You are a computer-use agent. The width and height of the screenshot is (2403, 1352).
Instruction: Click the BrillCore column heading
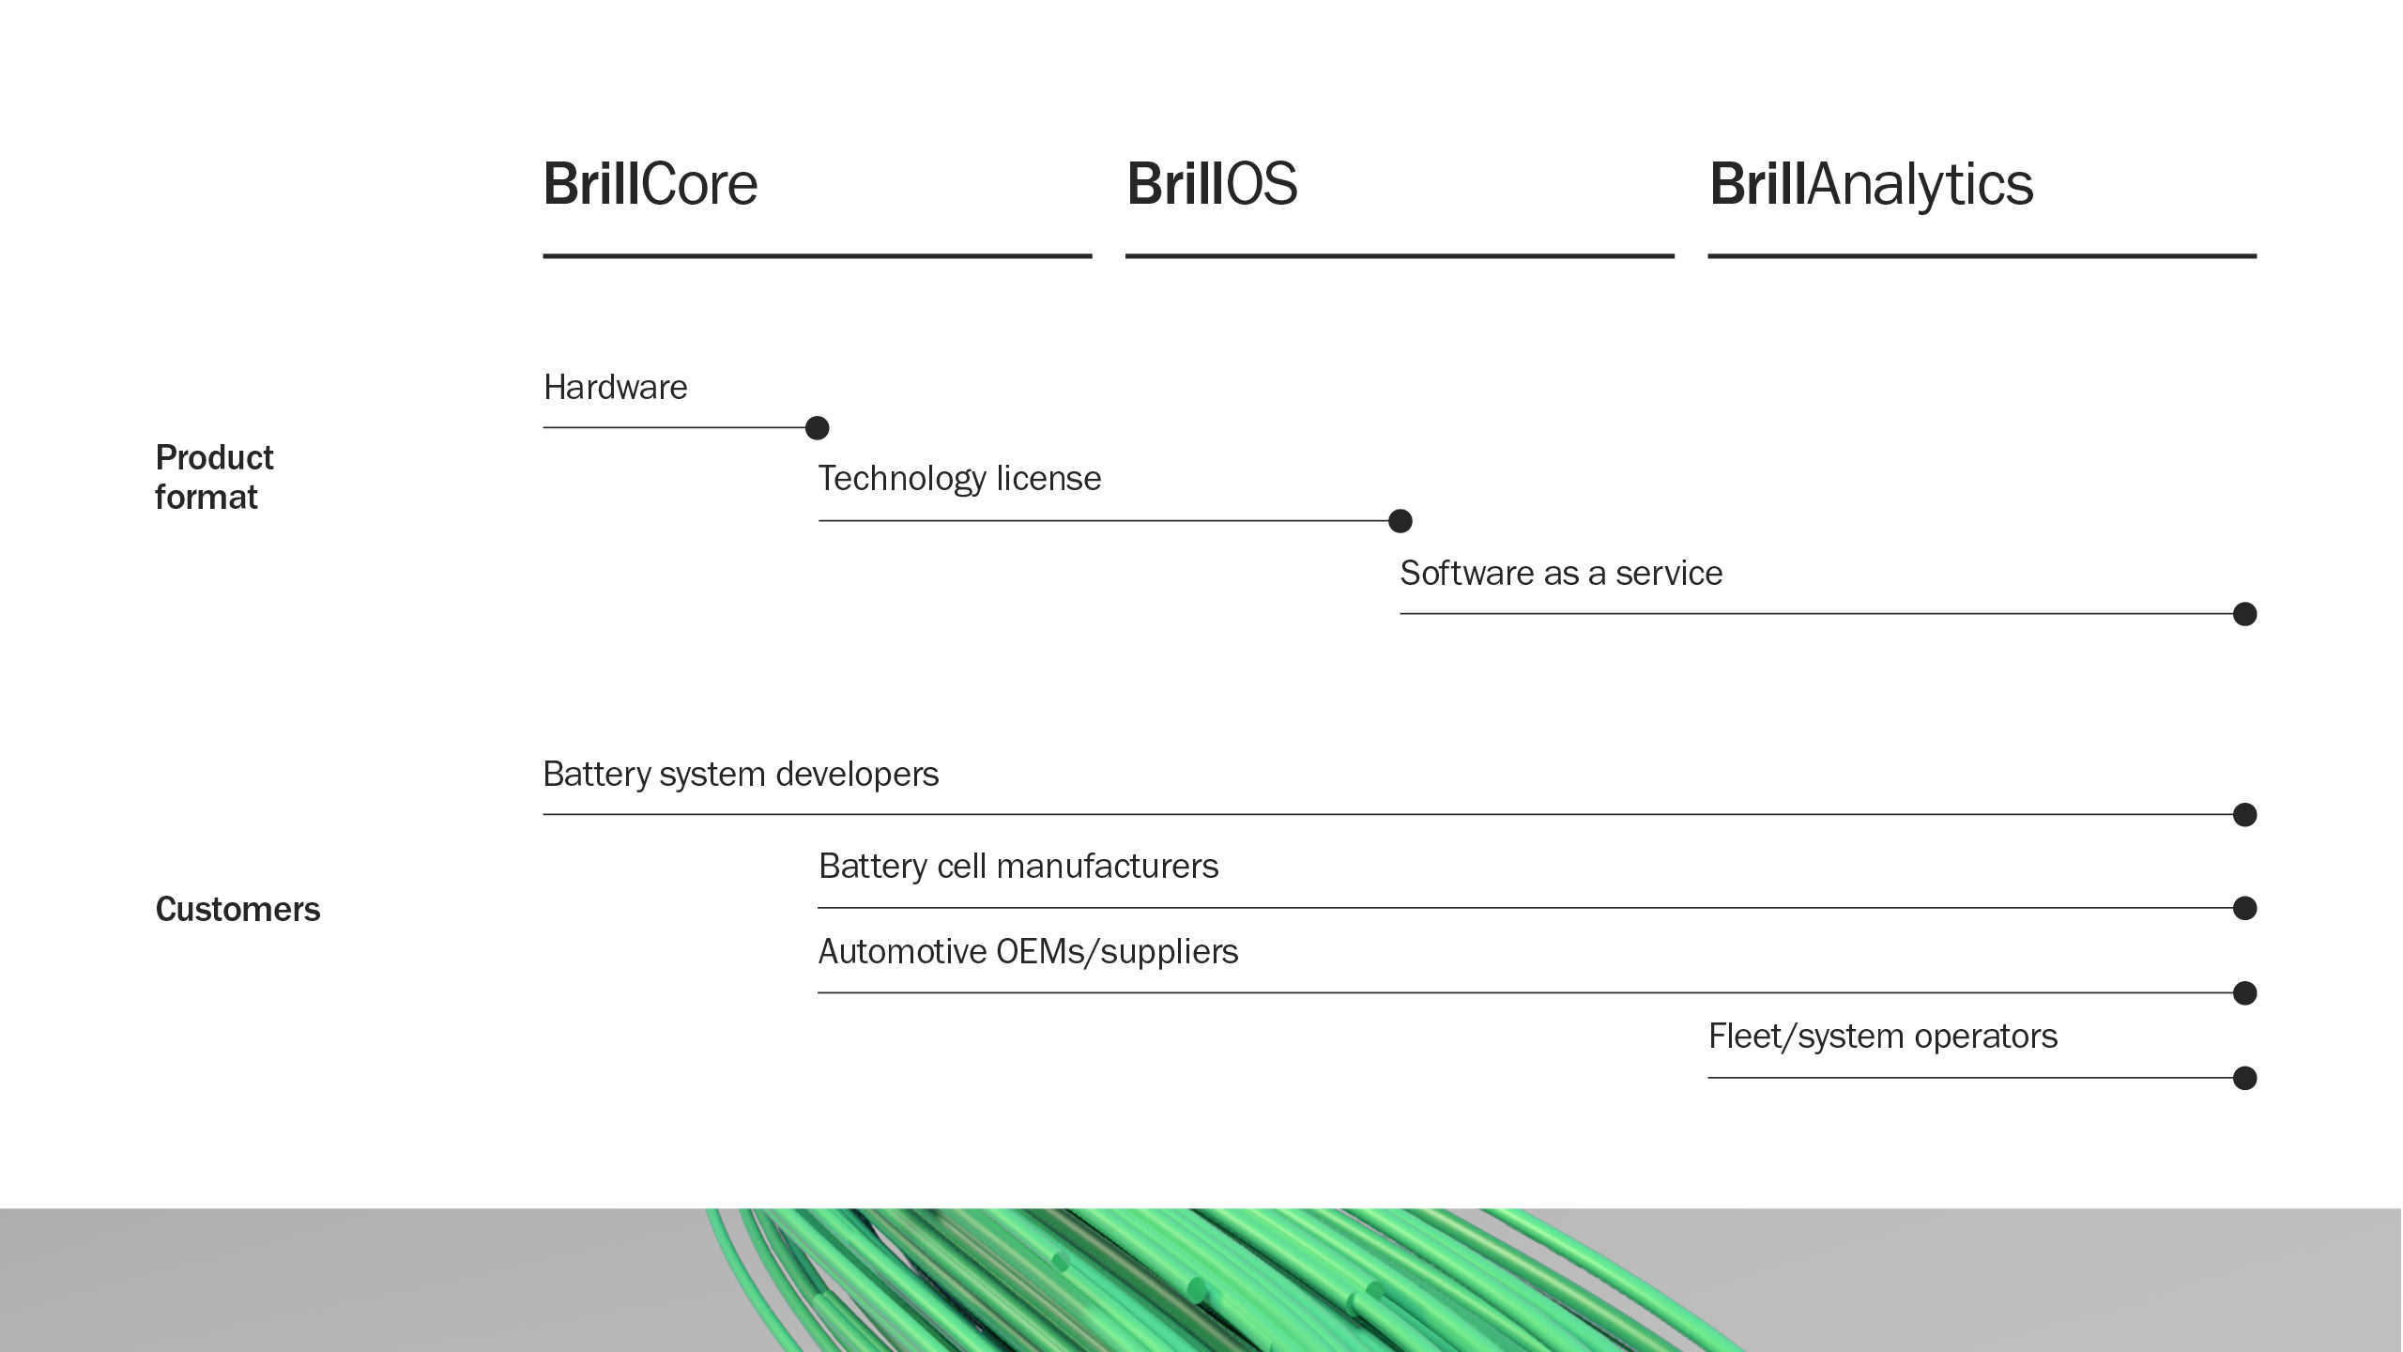[x=650, y=184]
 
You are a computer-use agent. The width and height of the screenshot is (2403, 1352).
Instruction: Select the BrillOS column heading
[x=1212, y=184]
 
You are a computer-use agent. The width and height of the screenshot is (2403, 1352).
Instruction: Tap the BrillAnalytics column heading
[x=1871, y=184]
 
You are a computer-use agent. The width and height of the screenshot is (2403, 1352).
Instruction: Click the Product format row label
[x=214, y=477]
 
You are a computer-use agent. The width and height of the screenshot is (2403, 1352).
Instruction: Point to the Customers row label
[x=237, y=909]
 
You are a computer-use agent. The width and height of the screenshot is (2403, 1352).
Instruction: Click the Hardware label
[x=615, y=387]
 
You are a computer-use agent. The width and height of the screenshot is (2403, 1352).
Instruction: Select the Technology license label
[x=959, y=478]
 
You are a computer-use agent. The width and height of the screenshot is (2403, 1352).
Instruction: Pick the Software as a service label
[x=1561, y=573]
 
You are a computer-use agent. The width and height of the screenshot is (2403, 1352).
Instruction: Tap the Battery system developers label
[x=741, y=774]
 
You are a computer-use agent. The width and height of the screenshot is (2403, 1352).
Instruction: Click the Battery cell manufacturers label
[x=1018, y=866]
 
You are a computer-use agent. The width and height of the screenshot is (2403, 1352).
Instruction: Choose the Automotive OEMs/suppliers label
[x=1028, y=951]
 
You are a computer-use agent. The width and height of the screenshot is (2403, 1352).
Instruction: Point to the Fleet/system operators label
[x=1883, y=1036]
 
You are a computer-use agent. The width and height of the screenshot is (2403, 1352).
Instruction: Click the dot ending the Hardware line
[x=818, y=428]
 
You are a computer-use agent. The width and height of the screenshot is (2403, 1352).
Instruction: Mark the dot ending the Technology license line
[x=1400, y=520]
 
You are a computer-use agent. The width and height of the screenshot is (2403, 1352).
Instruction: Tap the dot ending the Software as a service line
[x=2244, y=614]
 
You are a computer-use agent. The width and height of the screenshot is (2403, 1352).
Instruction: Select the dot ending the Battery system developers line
[x=2244, y=814]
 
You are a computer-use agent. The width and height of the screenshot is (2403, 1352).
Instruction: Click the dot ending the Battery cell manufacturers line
[x=2244, y=908]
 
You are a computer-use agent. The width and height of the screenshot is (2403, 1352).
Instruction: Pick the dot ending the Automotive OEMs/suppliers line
[x=2244, y=992]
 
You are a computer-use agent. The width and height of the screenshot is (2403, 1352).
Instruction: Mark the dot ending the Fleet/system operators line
[x=2244, y=1078]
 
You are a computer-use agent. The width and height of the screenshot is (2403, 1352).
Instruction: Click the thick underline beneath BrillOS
[x=1400, y=255]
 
